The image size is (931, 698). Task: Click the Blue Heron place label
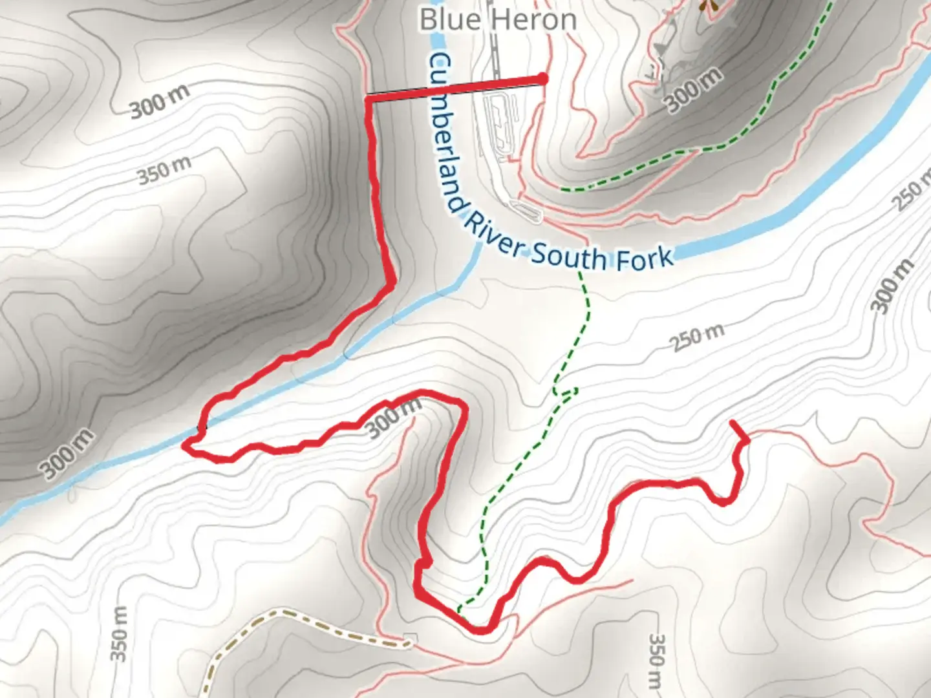pyautogui.click(x=498, y=19)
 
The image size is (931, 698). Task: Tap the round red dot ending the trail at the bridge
pyautogui.click(x=542, y=79)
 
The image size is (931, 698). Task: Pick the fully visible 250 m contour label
pyautogui.click(x=698, y=337)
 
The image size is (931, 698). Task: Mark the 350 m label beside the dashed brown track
pyautogui.click(x=119, y=633)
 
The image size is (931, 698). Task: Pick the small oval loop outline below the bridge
pyautogui.click(x=528, y=211)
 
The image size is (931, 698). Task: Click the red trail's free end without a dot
pyautogui.click(x=733, y=422)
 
